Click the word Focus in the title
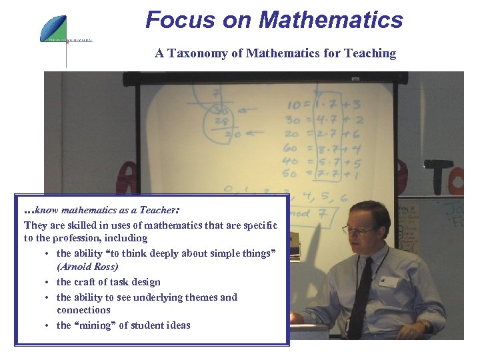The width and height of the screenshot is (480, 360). click(x=175, y=20)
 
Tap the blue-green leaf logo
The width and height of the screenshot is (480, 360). click(x=53, y=28)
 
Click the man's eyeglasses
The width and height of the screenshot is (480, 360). click(x=360, y=231)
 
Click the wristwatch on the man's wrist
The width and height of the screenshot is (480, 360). click(x=425, y=326)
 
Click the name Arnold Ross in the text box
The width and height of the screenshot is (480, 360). click(x=87, y=267)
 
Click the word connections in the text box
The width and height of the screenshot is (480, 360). click(x=83, y=310)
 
